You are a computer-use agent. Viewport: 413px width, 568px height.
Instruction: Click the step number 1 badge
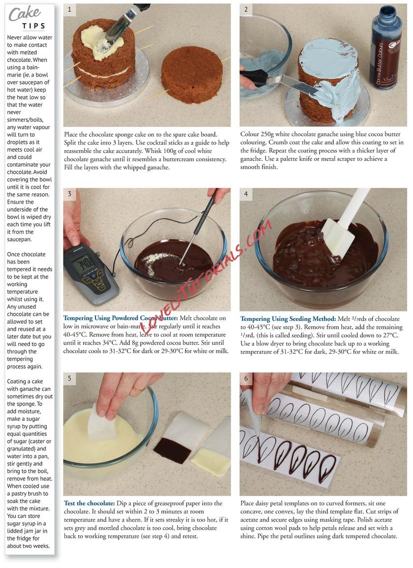click(x=69, y=10)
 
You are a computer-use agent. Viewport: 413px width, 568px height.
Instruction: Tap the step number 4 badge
click(x=246, y=194)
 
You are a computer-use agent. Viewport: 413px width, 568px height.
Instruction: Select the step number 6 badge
click(x=246, y=379)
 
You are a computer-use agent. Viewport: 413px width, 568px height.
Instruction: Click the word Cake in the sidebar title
click(x=24, y=14)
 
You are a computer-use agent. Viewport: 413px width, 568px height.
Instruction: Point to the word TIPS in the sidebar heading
click(x=33, y=26)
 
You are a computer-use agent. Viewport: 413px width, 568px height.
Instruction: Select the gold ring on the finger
click(x=138, y=390)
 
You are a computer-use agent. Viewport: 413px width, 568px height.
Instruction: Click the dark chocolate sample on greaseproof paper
click(x=172, y=450)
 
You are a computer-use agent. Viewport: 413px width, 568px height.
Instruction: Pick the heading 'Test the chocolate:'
click(x=89, y=503)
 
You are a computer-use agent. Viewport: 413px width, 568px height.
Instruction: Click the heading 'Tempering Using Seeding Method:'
click(x=288, y=319)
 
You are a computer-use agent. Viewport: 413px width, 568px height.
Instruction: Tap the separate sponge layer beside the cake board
click(x=191, y=74)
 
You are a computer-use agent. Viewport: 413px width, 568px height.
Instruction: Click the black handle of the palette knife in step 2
click(x=253, y=78)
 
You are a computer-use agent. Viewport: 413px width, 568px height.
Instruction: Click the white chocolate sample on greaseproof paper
click(x=210, y=462)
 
